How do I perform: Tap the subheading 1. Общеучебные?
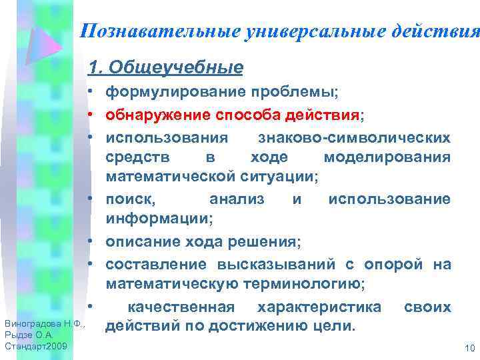[x=165, y=68]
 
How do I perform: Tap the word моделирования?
[x=387, y=157]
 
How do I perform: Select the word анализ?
[x=237, y=199]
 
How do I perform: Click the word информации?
[x=158, y=218]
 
